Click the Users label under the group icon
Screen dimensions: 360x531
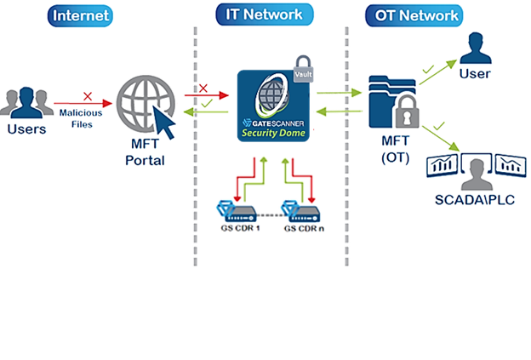(26, 130)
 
